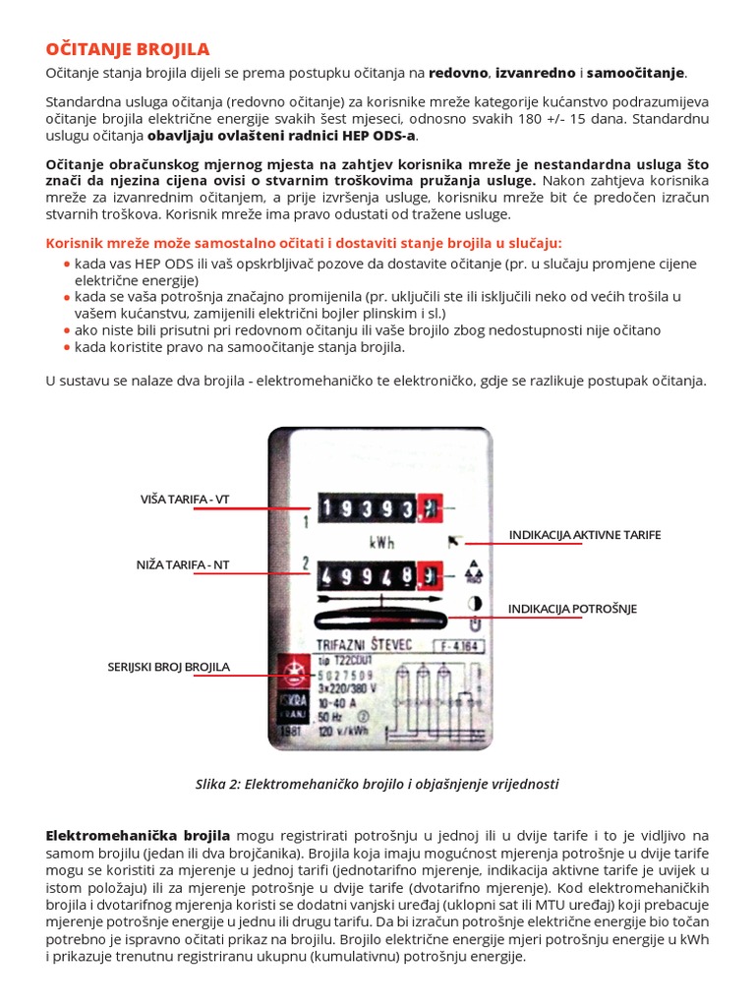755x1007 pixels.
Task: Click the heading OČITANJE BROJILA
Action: tap(128, 49)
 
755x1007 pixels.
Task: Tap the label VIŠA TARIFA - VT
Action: tap(185, 500)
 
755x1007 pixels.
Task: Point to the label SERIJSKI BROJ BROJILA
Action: tap(168, 667)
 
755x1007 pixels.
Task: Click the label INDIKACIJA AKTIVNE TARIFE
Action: tap(585, 534)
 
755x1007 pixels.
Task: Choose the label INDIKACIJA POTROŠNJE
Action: tap(572, 609)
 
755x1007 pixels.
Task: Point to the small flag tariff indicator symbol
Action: tap(453, 540)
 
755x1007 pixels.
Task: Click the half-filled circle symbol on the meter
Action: tap(474, 603)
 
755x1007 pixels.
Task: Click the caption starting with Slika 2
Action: tap(377, 784)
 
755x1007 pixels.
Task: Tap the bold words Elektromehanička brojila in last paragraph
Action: tap(138, 835)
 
